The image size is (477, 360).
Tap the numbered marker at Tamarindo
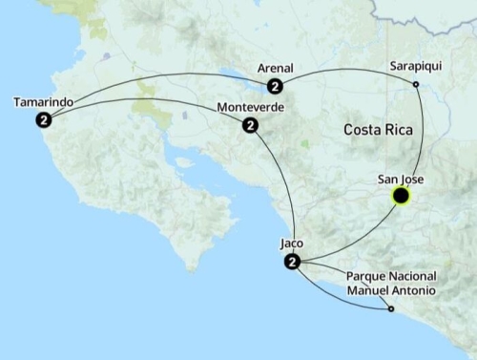[44, 119]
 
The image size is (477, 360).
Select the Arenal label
[276, 69]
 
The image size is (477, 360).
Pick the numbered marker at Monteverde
[250, 125]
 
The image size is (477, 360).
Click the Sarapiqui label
[415, 68]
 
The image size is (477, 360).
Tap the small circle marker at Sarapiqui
[416, 86]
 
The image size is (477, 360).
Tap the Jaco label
[292, 244]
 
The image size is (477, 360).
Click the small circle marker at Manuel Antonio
[391, 308]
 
